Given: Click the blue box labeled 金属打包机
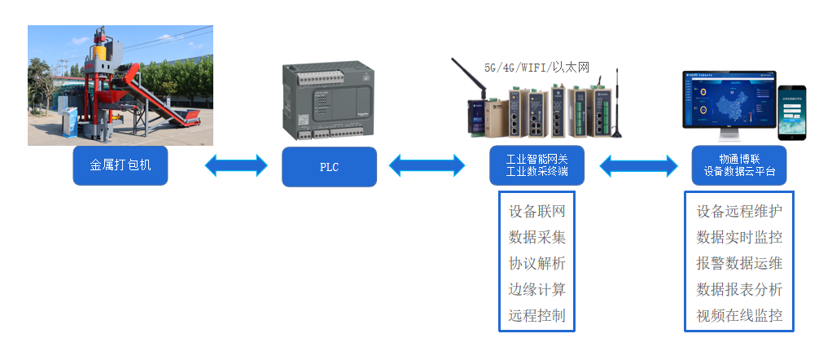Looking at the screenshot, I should (120, 166).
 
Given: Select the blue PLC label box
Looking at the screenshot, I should (329, 167).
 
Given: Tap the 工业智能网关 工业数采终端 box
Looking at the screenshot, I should (536, 166).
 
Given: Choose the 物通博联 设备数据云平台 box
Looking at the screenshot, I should (739, 166).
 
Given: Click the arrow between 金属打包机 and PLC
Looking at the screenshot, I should (236, 166).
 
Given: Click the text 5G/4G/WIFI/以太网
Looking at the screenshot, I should (536, 68).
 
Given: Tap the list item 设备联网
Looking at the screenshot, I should (536, 212).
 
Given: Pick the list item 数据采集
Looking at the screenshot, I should (536, 238).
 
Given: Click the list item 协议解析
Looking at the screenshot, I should (536, 264).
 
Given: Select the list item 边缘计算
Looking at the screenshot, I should (536, 290).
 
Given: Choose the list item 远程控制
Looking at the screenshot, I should (536, 316).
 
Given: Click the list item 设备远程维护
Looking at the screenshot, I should (739, 212).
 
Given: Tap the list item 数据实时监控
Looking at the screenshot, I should (739, 238).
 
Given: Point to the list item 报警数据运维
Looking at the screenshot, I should (739, 264).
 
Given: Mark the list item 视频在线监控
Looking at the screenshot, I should (739, 316).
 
